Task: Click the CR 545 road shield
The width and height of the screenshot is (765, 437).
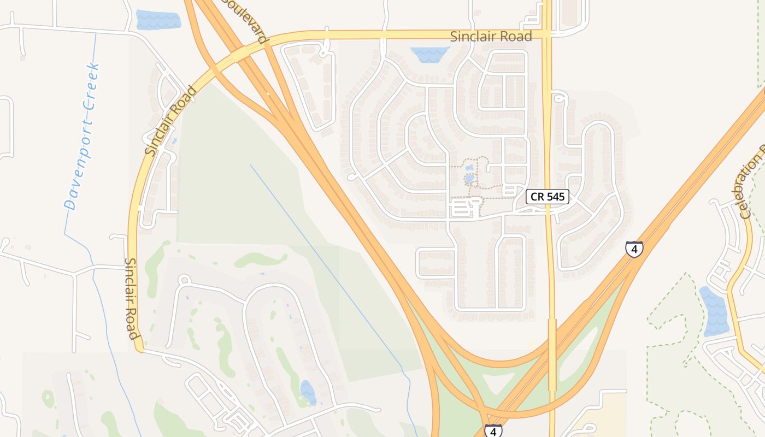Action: [548, 197]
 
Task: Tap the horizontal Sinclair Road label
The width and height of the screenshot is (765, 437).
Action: [491, 37]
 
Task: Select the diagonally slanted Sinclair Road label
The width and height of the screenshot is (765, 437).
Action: [170, 120]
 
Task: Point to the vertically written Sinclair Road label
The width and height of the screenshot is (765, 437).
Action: [132, 299]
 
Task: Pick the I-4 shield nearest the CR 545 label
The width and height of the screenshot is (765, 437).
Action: [634, 249]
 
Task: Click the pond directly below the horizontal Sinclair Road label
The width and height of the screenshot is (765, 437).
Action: [429, 54]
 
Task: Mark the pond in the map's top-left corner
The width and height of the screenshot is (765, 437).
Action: [158, 20]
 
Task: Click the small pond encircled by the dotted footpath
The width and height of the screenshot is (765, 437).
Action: [469, 178]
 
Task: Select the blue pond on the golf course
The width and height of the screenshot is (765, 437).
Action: [307, 392]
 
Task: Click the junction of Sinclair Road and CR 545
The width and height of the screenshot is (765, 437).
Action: [548, 34]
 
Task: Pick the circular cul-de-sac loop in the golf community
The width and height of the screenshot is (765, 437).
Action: [184, 280]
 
